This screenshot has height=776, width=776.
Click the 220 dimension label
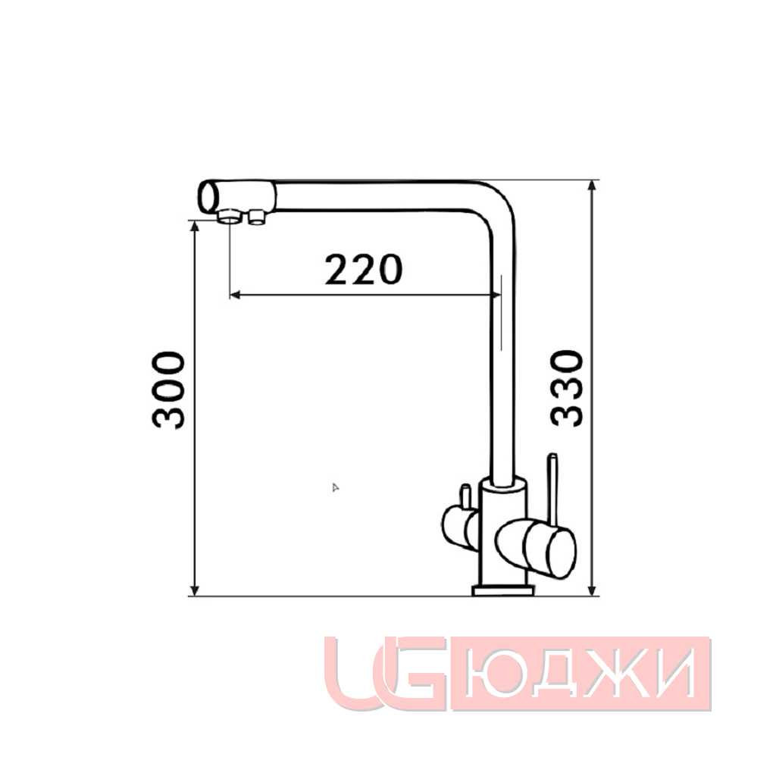click(x=364, y=270)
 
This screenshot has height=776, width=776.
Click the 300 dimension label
click(x=168, y=390)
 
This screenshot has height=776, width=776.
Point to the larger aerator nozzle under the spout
click(x=230, y=216)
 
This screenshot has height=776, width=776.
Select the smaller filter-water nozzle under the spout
click(x=257, y=217)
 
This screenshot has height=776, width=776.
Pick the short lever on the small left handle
click(x=465, y=496)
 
